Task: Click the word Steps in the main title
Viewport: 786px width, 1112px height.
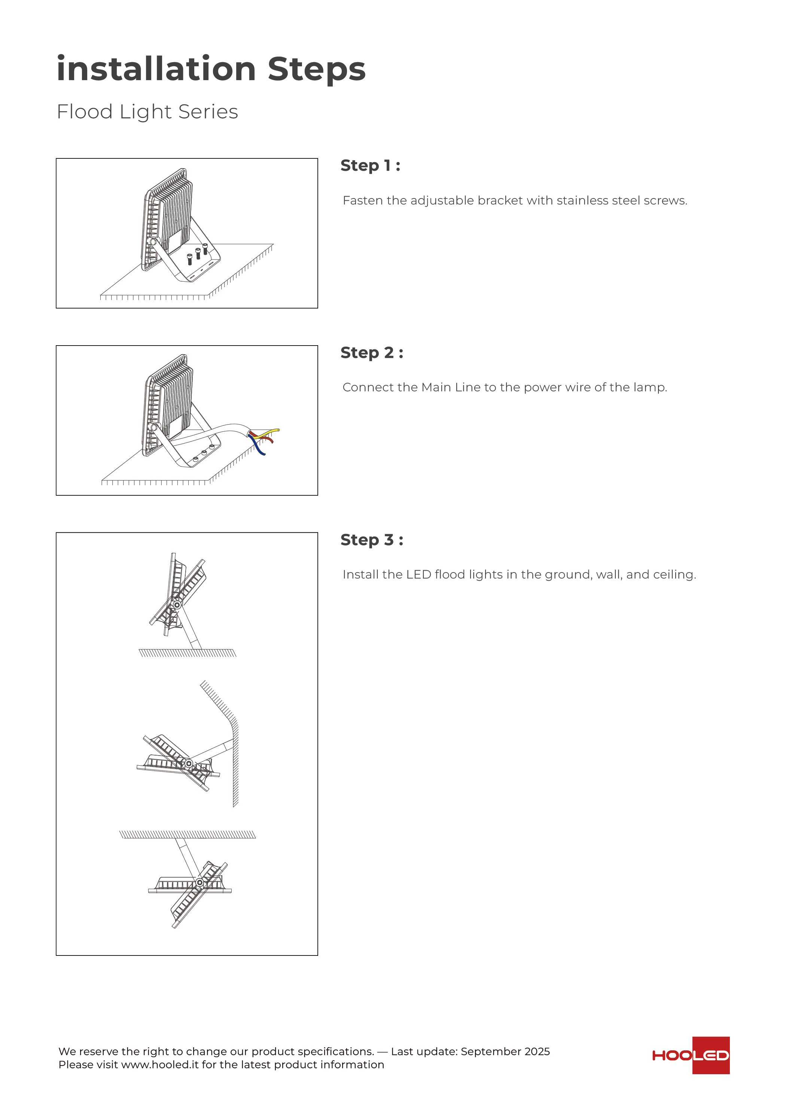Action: (316, 69)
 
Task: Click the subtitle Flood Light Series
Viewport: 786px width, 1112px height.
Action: (147, 112)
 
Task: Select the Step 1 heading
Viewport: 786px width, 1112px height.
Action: (370, 165)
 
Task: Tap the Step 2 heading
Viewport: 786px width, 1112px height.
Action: (371, 353)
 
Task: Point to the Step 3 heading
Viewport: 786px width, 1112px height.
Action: (371, 540)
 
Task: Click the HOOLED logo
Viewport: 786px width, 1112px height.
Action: (691, 1055)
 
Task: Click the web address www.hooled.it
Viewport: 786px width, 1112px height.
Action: (160, 1064)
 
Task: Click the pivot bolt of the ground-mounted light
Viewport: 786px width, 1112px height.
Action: (177, 605)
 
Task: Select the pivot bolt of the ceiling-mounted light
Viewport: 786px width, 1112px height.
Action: (199, 882)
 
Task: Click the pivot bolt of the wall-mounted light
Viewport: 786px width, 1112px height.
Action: (189, 764)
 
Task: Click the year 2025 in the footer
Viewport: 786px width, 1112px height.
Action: (537, 1051)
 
